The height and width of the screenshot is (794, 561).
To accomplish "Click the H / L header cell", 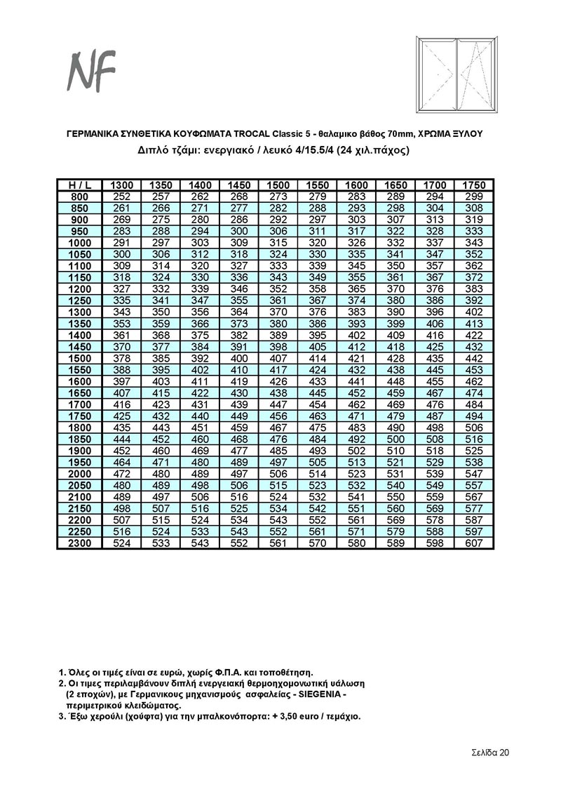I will [79, 185].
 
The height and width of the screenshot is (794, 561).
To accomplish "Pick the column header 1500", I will [278, 185].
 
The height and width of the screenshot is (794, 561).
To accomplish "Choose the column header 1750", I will [474, 185].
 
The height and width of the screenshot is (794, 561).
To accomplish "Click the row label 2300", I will [79, 543].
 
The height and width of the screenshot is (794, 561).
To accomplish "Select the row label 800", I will [79, 197].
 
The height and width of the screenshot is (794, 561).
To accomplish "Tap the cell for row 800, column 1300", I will [122, 197].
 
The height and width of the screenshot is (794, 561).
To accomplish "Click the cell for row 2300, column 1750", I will [474, 543].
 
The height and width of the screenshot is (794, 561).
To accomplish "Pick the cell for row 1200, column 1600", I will [357, 289].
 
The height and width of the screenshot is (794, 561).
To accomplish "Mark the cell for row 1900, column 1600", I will [357, 451].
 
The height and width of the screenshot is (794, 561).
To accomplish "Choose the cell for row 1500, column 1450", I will [239, 359].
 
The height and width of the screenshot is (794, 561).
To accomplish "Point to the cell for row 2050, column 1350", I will [161, 486].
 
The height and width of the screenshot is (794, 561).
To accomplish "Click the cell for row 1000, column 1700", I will [435, 243].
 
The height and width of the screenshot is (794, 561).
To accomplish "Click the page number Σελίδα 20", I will [490, 752].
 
